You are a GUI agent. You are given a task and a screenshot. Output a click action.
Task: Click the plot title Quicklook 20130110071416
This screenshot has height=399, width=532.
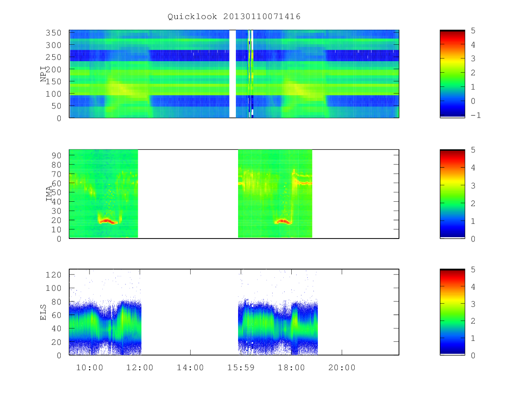point(234,16)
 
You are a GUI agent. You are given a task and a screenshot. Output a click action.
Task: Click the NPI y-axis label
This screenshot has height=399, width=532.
point(43,74)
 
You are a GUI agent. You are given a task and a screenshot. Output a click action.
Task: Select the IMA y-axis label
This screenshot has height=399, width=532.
point(49,194)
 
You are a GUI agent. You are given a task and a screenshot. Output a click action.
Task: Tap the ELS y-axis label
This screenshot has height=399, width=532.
point(43,312)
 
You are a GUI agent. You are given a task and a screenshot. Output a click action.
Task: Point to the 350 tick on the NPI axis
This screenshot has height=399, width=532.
point(53,32)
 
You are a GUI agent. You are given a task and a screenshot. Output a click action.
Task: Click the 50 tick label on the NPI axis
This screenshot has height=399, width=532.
point(56,106)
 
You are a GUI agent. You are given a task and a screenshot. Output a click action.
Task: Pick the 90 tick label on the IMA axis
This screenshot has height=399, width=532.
point(56,156)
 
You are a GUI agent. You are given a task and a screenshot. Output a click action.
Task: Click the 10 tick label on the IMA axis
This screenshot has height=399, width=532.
point(56,229)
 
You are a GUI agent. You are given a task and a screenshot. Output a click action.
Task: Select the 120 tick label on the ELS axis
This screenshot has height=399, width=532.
point(53,275)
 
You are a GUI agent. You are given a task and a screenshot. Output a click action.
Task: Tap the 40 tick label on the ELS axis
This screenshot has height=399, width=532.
point(56,329)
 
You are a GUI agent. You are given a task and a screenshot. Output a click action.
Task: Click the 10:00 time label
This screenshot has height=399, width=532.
point(90,368)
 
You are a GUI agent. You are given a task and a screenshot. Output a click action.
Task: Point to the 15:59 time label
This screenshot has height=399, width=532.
point(241,368)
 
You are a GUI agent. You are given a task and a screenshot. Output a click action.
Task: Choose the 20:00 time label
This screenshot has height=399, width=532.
point(342,368)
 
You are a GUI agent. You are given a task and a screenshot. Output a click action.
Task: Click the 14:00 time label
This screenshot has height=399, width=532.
point(190,368)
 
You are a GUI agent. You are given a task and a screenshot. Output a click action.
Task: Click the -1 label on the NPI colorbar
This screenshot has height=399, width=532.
point(476,115)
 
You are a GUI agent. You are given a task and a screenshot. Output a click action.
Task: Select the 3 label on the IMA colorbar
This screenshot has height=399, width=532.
point(473,186)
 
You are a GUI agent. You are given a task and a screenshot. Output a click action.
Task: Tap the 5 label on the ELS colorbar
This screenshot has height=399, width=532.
point(473,270)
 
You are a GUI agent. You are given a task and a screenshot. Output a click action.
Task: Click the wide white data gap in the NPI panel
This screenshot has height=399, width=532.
point(232,74)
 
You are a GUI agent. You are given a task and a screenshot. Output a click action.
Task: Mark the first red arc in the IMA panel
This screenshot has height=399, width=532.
point(108,221)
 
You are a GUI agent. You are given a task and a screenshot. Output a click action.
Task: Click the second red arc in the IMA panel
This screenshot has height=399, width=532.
point(283,221)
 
